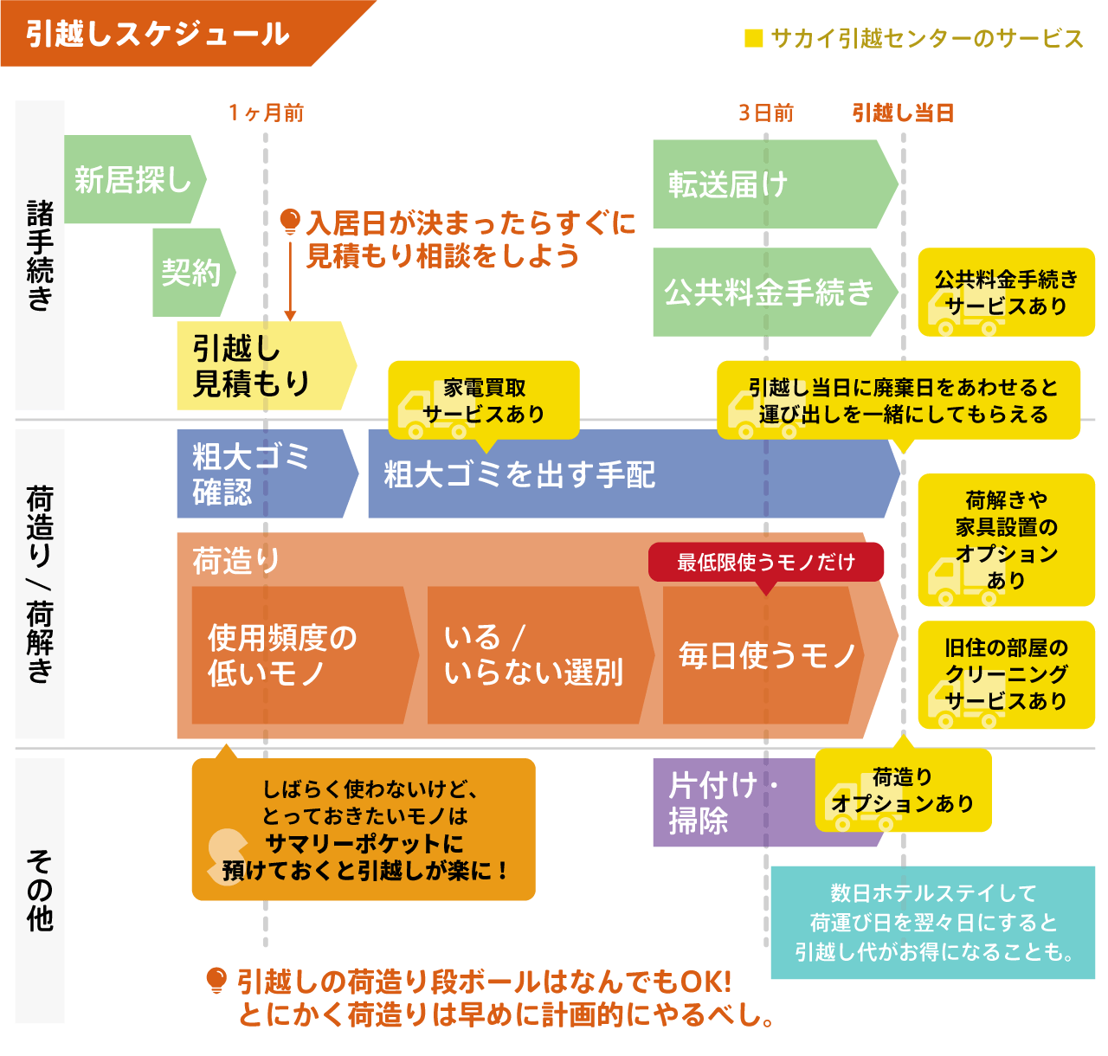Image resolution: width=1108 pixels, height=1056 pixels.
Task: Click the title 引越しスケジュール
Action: pos(157,35)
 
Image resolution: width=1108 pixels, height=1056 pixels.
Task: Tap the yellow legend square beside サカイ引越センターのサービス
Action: pos(753,38)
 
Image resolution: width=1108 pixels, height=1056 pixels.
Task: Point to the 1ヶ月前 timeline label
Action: pos(266,113)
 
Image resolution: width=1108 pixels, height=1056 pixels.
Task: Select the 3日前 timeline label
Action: pos(765,113)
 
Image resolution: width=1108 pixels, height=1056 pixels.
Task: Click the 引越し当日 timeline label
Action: pos(903,113)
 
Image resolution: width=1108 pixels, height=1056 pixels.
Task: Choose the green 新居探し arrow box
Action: pos(132,180)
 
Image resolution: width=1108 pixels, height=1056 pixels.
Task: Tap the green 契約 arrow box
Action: pos(191,273)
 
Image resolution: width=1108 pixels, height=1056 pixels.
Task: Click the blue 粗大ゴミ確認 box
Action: pos(260,473)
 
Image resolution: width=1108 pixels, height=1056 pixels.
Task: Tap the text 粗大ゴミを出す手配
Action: pos(519,474)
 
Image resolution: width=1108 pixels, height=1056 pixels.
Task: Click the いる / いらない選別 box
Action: pos(533,654)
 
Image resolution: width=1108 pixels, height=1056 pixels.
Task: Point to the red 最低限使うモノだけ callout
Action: pos(766,563)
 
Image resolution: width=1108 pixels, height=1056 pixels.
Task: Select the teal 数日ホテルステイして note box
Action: pos(932,923)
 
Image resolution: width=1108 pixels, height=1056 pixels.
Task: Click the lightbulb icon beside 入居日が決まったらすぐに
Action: pos(290,222)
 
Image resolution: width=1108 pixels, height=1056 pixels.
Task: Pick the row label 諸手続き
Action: pos(40,255)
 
